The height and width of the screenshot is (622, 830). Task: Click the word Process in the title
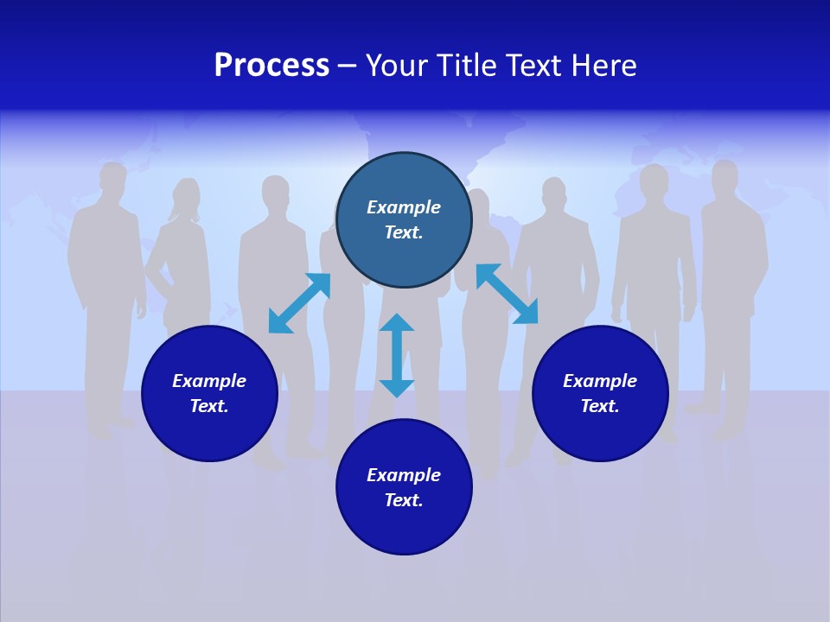coord(271,66)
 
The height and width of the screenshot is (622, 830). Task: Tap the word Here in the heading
coord(601,66)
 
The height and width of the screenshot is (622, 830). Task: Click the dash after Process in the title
coord(347,67)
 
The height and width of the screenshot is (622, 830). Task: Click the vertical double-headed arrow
coord(397,355)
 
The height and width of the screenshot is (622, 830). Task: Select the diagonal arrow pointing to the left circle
coord(299,303)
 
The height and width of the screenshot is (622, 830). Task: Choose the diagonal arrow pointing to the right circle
coord(507,295)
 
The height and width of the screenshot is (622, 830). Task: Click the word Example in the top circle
coord(404,207)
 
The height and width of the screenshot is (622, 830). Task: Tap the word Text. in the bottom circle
coord(404,500)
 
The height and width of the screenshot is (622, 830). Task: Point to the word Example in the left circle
coord(209,381)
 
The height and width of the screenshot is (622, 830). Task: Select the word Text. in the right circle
coord(600,406)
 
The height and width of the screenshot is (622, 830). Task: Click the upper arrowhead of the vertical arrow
coord(397,323)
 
